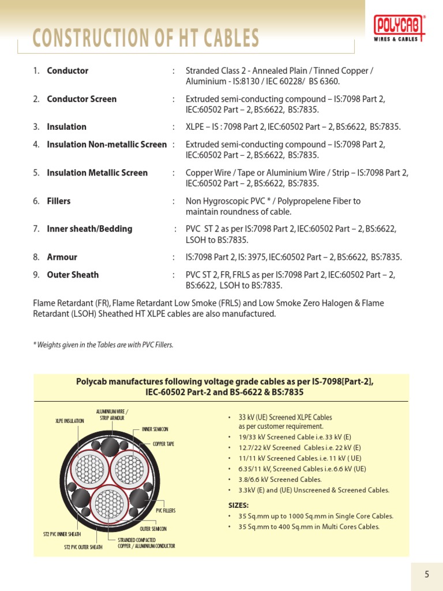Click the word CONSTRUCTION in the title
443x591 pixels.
tap(87, 39)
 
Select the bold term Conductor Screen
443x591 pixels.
tap(81, 99)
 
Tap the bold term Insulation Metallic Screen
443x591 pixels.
tap(97, 173)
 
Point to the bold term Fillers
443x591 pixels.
tap(58, 201)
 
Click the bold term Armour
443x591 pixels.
tap(62, 257)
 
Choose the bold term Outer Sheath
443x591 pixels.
tap(73, 275)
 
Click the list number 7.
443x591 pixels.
tap(36, 229)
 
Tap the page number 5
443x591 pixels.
tap(427, 574)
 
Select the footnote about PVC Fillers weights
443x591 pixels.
tap(103, 345)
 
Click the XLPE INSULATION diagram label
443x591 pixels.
tap(70, 421)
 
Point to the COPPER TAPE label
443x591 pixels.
tap(163, 444)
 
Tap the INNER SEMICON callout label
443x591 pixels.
tap(155, 429)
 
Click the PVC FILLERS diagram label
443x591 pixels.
tap(166, 511)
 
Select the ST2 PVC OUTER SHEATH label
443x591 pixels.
tap(83, 547)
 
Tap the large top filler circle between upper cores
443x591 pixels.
tap(108, 447)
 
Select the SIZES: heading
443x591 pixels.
tap(239, 505)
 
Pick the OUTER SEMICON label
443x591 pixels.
tap(153, 529)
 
